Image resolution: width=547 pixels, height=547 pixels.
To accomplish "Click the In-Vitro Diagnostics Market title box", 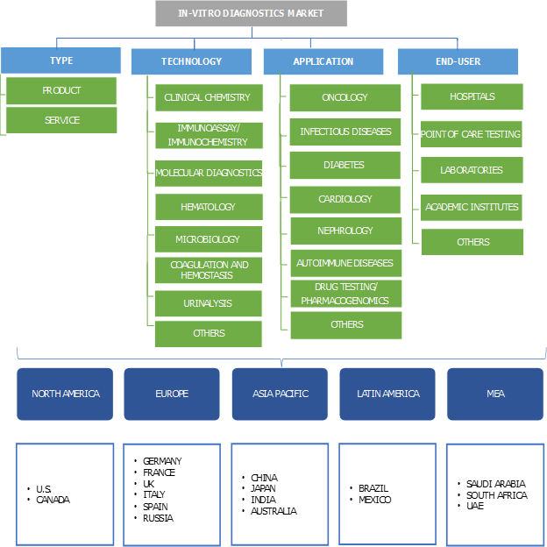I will [252, 13].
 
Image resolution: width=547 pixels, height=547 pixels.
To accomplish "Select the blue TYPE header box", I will [60, 60].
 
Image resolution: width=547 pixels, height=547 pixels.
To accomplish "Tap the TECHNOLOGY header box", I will [191, 61].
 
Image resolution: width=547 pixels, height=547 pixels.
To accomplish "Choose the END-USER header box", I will [458, 61].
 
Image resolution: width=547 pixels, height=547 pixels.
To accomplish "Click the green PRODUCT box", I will [61, 90].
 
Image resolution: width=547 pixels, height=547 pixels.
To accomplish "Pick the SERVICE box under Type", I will [61, 120].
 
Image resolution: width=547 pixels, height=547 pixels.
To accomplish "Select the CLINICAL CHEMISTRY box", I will [208, 97].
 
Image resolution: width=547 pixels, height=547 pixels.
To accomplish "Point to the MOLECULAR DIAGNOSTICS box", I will [209, 173].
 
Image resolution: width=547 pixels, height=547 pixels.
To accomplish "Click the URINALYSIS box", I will [209, 303].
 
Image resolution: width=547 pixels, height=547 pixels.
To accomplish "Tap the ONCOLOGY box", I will [345, 97].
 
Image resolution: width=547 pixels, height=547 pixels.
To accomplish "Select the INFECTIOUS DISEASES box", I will [345, 131].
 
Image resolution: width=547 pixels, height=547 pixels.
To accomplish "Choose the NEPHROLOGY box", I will [345, 231].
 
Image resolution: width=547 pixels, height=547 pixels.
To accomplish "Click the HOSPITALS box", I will [472, 96].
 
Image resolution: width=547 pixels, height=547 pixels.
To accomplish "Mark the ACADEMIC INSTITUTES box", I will [472, 207].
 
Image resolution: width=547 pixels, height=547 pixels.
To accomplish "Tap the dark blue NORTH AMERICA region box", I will [66, 394].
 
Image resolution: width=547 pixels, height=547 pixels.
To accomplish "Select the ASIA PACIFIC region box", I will [280, 394].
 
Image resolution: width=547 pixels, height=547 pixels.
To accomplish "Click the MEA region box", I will [495, 394].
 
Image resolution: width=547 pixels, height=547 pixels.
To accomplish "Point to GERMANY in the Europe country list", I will [162, 461].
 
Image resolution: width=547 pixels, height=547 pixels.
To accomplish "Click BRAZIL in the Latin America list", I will [373, 488].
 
